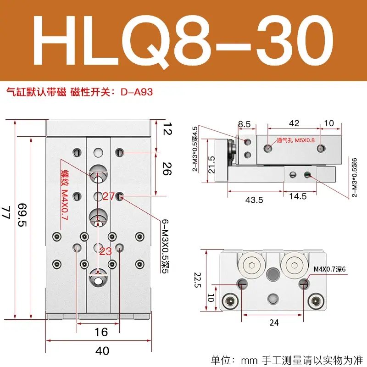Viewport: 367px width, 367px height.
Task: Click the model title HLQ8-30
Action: coord(183,41)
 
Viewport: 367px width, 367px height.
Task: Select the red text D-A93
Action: coord(137,92)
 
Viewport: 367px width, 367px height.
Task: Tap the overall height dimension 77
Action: coord(6,212)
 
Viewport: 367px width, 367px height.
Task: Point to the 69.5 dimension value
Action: coord(22,215)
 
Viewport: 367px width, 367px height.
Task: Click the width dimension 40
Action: coord(102,351)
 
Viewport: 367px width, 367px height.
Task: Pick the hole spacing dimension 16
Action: coord(101,332)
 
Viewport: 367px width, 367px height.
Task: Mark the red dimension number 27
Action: coord(108,196)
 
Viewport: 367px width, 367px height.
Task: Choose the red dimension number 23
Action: coord(106,251)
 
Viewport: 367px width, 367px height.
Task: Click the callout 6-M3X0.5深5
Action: coord(166,246)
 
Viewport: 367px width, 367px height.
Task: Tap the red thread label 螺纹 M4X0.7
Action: coord(64,195)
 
